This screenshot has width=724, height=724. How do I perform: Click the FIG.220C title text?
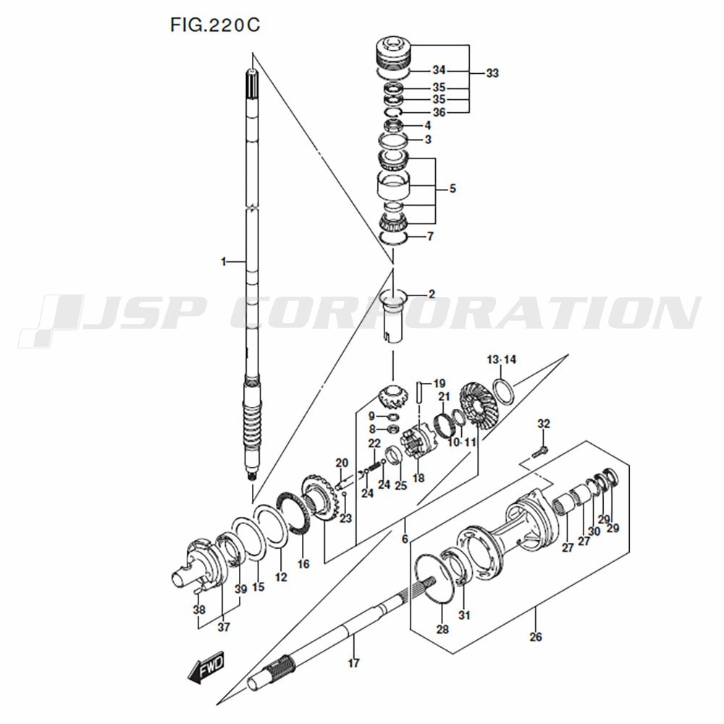point(214,25)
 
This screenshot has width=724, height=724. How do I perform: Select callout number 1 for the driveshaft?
point(224,261)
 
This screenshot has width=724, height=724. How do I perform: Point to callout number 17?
point(353,662)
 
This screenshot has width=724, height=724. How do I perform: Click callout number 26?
point(536,638)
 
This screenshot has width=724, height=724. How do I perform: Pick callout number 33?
point(492,73)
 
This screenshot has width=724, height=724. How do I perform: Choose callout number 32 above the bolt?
point(544,424)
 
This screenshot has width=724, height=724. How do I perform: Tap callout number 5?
point(452,189)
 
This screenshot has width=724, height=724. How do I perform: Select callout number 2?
point(432,294)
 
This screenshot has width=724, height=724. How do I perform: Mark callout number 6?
point(405,539)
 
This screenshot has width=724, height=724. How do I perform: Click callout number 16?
point(303,563)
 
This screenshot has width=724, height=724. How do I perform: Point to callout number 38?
point(199,610)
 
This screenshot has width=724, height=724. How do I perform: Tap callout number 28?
point(442,629)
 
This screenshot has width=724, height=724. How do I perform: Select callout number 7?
point(430,237)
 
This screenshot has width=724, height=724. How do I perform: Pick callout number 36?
point(439,112)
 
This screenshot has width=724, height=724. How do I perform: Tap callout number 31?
point(464,615)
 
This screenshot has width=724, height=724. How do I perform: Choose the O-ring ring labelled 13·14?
point(505,391)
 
